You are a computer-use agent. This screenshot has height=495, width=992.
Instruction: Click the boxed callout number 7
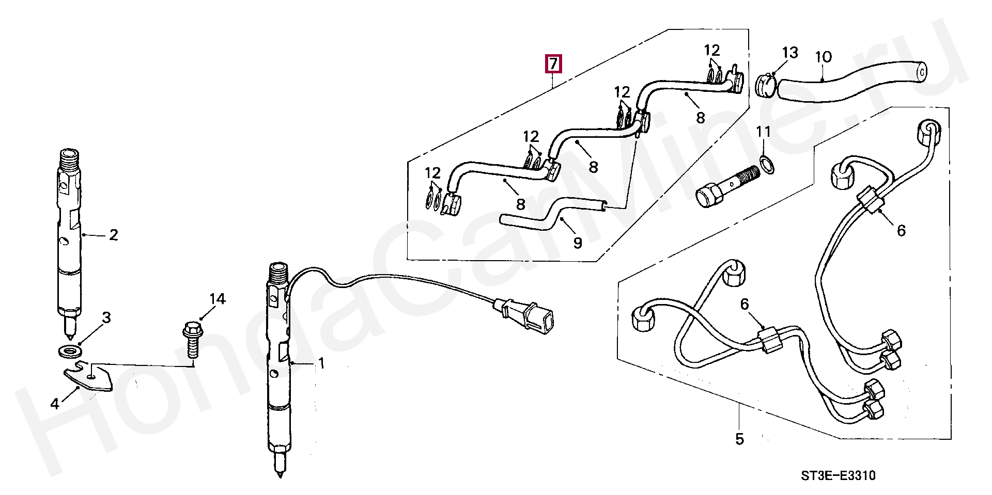[x=553, y=64]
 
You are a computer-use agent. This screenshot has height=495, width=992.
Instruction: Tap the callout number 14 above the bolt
[x=218, y=299]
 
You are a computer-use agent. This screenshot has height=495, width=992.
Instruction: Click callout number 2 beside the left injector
[x=114, y=235]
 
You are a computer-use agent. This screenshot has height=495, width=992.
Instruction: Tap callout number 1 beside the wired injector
[x=321, y=363]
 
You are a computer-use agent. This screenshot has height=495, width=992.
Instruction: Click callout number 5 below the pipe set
[x=739, y=439]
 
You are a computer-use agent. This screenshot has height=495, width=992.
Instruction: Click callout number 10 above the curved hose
[x=823, y=57]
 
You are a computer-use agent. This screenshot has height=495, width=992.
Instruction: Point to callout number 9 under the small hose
[x=578, y=242]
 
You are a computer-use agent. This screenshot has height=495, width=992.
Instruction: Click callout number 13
[x=790, y=52]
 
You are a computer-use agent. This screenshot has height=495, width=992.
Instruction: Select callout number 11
[x=764, y=132]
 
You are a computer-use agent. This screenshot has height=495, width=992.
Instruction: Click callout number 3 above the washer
[x=106, y=317]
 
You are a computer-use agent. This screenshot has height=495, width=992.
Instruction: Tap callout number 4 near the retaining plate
[x=55, y=403]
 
